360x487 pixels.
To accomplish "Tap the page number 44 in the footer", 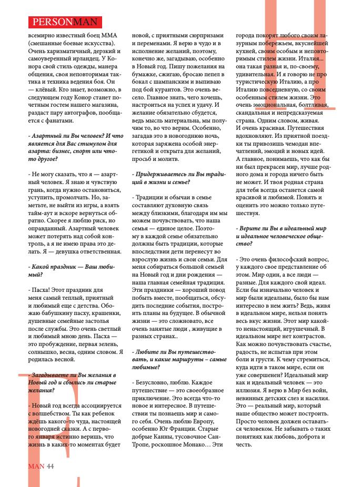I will pos(51,465).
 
